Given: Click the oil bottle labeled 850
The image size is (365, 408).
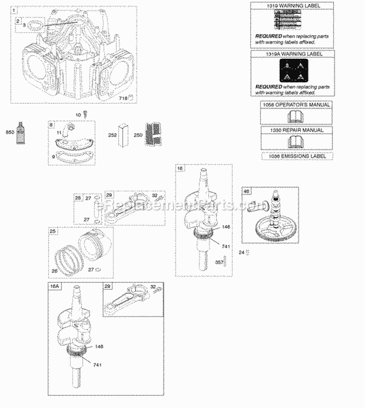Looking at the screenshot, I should (20, 132).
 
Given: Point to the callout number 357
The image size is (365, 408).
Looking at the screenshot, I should (219, 262).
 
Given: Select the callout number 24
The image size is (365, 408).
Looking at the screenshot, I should (240, 252).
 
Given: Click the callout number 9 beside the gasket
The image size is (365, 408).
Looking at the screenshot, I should (54, 157).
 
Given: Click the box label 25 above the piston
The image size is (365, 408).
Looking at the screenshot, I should (52, 232).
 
